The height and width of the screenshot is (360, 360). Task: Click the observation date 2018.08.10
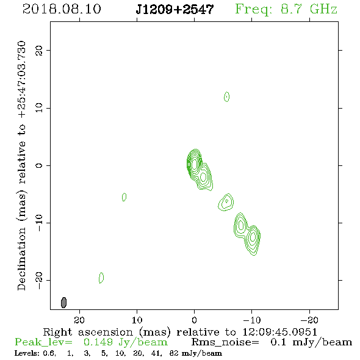point(62,9)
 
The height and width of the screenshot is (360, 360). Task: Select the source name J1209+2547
point(175,10)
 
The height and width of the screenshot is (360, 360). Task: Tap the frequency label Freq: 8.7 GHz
point(286,9)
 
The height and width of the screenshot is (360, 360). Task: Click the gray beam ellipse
point(64,303)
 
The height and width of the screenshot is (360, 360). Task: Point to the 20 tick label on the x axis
point(79,320)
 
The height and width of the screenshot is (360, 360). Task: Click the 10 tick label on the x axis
point(137,320)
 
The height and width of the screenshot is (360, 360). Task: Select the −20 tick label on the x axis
point(309,320)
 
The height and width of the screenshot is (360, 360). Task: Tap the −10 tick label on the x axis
point(252,320)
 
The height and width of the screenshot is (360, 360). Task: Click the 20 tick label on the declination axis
point(39,50)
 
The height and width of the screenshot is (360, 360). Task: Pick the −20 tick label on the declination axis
point(39,281)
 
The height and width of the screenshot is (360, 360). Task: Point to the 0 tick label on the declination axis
point(39,165)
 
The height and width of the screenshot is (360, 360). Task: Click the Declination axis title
point(22,165)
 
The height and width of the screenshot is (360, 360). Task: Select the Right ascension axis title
point(180,332)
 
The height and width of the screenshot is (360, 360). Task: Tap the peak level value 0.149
point(98,342)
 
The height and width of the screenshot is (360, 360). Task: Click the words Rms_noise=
point(225,342)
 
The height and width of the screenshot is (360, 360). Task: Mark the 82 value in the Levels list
point(174,353)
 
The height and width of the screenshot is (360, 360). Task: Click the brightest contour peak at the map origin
point(195,164)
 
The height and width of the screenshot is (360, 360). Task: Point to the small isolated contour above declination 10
point(226,96)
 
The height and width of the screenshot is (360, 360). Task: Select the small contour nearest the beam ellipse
point(101,278)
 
